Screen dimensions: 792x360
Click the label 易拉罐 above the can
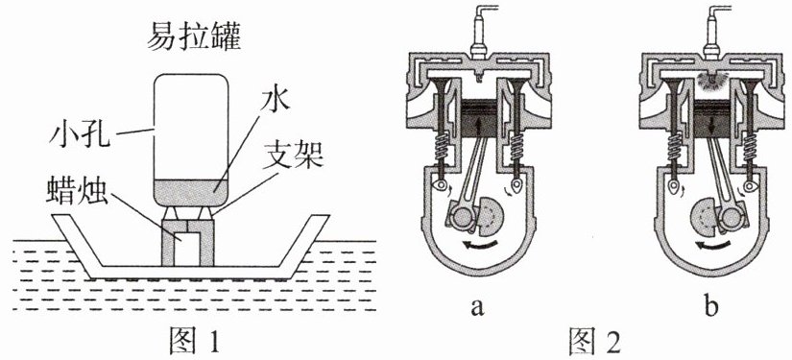coord(194,37)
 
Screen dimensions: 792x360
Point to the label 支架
coord(293,158)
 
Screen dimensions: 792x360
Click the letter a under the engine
coord(477,308)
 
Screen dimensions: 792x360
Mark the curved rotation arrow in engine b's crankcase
coord(712,246)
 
